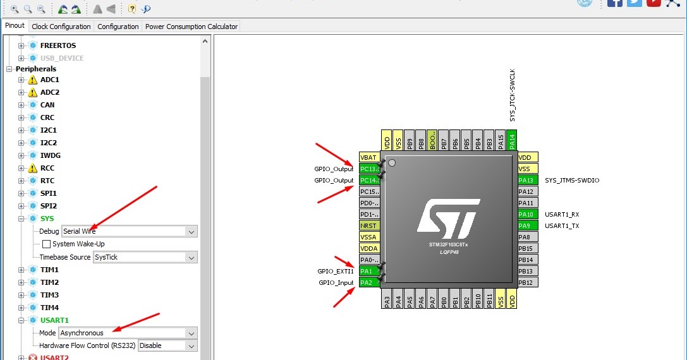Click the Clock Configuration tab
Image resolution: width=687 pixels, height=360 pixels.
pyautogui.click(x=61, y=27)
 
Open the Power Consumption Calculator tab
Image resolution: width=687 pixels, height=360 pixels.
pyautogui.click(x=192, y=27)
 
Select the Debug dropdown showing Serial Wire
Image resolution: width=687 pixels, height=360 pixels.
pyautogui.click(x=130, y=231)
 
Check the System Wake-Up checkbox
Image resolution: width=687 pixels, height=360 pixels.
pyautogui.click(x=46, y=244)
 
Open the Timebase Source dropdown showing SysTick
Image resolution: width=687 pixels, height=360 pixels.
pyautogui.click(x=145, y=257)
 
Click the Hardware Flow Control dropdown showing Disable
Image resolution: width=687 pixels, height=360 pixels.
pyautogui.click(x=167, y=345)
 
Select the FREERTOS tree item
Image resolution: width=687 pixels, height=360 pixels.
pyautogui.click(x=58, y=45)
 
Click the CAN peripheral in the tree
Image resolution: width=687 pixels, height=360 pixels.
pyautogui.click(x=47, y=105)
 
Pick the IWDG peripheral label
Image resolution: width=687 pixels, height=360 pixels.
pyautogui.click(x=51, y=155)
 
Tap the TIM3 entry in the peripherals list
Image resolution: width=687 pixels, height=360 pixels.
pyautogui.click(x=49, y=295)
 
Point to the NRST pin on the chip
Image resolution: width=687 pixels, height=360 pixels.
pyautogui.click(x=369, y=226)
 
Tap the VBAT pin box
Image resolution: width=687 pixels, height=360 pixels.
pyautogui.click(x=369, y=158)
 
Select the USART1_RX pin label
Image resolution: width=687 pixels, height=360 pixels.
pyautogui.click(x=562, y=215)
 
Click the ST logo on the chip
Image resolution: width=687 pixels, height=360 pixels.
pyautogui.click(x=447, y=218)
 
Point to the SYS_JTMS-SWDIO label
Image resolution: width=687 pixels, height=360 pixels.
pyautogui.click(x=572, y=181)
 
